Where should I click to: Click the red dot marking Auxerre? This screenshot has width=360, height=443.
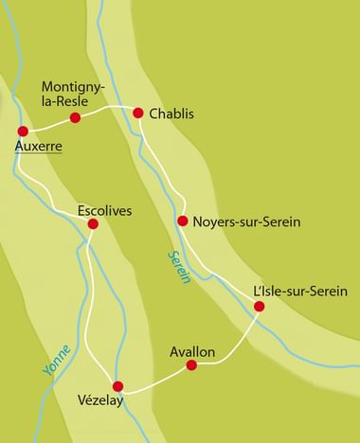point(23,131)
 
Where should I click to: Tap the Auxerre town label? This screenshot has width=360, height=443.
point(39,148)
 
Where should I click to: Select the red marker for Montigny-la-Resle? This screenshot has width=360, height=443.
point(76,118)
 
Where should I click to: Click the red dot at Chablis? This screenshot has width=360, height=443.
point(138,113)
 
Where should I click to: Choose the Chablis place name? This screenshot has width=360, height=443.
point(171,114)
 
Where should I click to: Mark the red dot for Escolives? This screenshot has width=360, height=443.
point(92,223)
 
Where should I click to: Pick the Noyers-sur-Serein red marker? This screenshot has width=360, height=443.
point(183,221)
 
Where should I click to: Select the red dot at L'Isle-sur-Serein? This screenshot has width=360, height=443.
point(260,306)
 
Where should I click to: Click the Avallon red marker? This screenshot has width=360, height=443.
point(192,364)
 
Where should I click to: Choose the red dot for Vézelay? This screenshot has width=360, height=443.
point(118,386)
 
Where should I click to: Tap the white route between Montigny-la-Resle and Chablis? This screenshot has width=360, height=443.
point(107,110)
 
